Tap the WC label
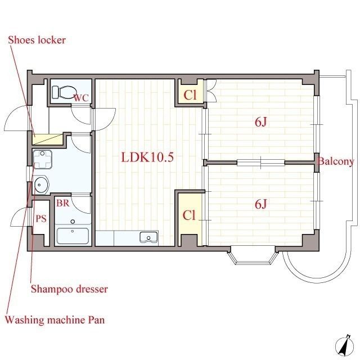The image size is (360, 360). coord(81,98)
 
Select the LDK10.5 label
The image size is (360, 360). coord(147,157)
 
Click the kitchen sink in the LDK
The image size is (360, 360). coord(148,237)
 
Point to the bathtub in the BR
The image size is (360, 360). coord(73,236)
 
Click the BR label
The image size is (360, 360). coord(62,203)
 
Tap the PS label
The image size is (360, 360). coord(41,219)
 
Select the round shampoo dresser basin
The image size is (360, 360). coord(42,184)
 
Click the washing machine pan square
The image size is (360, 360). coord(43,159)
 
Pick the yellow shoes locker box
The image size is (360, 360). coord(48,139)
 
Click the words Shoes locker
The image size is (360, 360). coord(37,40)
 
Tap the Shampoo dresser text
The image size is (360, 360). coord(69,289)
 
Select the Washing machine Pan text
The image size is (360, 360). coord(55,320)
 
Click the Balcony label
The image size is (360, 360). coord(335,161)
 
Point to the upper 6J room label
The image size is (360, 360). coord(260,122)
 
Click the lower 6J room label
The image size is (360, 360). coord(260,204)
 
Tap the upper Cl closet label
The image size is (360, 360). coord(190,94)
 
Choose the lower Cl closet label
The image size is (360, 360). coord(189,215)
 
